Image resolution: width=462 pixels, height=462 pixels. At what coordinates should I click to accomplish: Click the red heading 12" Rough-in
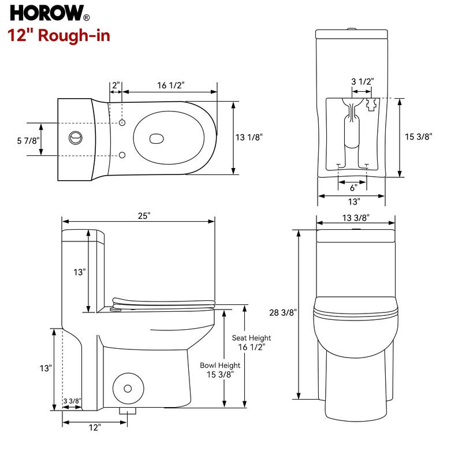(59, 35)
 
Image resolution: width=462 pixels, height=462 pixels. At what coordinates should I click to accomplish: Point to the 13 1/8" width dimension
(249, 137)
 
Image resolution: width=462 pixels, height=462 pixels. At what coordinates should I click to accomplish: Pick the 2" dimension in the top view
(116, 85)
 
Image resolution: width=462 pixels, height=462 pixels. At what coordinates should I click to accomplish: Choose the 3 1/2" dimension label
(362, 81)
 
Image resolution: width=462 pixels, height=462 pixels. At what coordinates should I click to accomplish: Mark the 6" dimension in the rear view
(353, 187)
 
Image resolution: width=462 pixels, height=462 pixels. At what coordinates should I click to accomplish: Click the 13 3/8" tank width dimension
(356, 217)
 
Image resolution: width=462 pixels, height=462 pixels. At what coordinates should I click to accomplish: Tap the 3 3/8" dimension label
(72, 401)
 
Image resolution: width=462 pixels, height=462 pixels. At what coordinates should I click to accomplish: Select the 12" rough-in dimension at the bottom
(95, 427)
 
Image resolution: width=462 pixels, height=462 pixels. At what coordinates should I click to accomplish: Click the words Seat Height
(251, 338)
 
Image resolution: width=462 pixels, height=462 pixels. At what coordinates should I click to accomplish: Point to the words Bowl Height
(220, 366)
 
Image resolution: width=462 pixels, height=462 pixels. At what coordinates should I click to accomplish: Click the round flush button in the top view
(74, 138)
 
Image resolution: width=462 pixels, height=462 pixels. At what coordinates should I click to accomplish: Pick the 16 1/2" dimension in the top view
(170, 85)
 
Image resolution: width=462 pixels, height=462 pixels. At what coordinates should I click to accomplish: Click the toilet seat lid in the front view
(356, 309)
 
